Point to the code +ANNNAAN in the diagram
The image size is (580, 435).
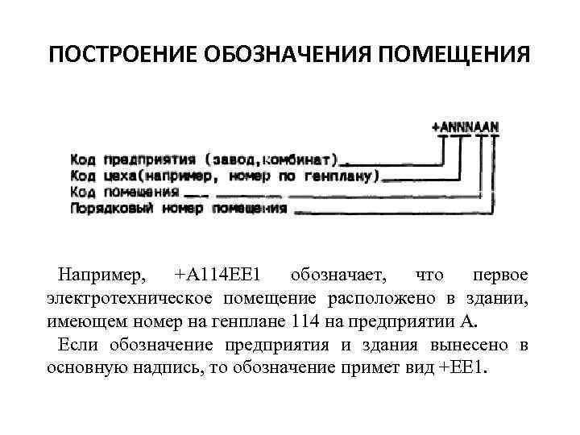click(x=466, y=126)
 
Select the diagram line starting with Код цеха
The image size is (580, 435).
click(x=225, y=176)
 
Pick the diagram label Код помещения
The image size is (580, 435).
click(x=124, y=192)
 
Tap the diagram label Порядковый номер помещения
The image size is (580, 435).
click(x=178, y=208)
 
